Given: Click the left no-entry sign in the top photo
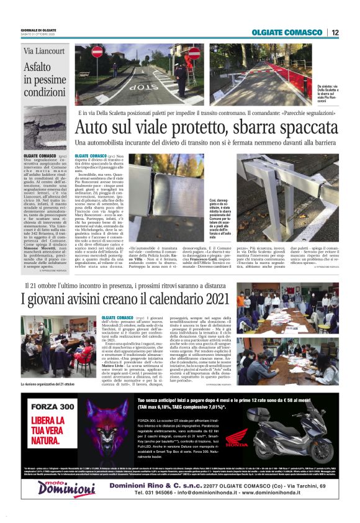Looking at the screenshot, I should pyautogui.click(x=97, y=52).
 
